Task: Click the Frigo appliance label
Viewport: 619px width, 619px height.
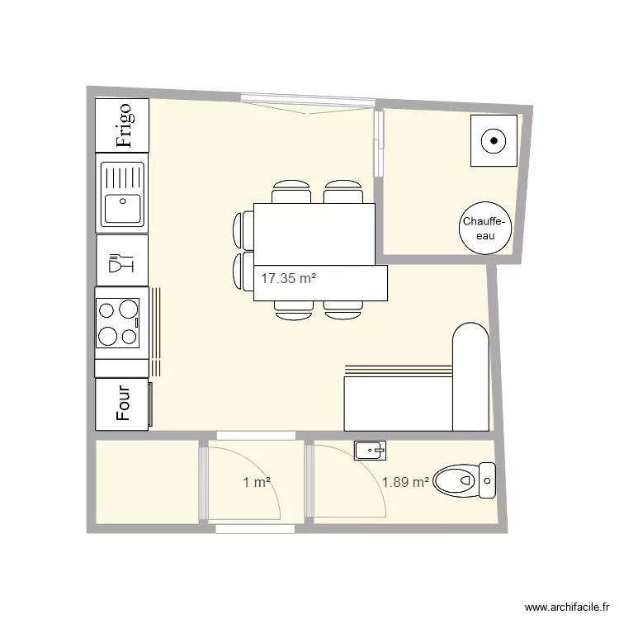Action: point(123,125)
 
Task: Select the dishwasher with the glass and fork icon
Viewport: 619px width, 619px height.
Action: point(122,260)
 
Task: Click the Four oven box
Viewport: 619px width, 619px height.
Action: point(122,404)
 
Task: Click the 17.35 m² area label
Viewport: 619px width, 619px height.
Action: point(289,279)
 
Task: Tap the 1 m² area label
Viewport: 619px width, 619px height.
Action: point(257,483)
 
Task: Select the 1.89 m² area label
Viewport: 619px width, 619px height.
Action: point(404,482)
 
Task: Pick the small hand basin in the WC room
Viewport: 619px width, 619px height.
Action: point(369,450)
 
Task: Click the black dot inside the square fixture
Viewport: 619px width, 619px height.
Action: point(494,140)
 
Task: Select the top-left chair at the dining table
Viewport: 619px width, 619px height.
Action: point(291,191)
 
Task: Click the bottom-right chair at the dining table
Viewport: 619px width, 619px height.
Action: point(343,309)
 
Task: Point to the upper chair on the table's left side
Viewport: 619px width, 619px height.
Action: point(245,229)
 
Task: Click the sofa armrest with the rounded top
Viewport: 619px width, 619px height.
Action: point(471,376)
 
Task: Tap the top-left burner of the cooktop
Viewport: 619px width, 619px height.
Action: point(107,310)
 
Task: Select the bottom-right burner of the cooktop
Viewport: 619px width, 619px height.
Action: point(128,336)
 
